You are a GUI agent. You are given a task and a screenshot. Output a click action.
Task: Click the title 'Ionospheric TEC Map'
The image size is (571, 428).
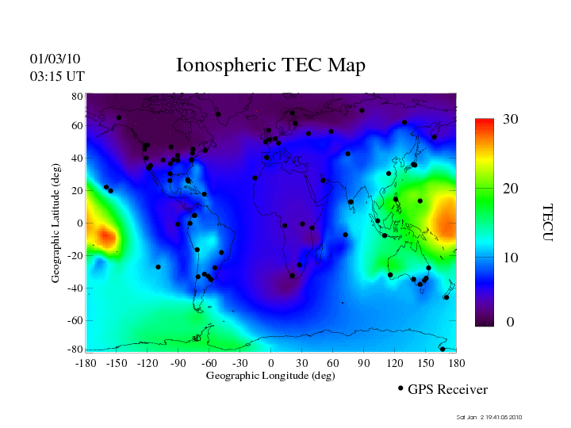[270, 65]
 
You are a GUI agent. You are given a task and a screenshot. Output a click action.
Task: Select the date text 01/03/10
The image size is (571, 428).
[56, 59]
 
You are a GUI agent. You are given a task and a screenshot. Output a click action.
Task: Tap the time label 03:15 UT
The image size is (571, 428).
[57, 76]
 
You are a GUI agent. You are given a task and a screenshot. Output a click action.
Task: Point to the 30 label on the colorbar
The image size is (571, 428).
[510, 120]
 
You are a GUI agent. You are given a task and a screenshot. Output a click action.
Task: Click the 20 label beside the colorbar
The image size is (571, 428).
[510, 190]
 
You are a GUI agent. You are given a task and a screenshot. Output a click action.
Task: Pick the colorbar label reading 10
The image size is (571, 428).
[510, 258]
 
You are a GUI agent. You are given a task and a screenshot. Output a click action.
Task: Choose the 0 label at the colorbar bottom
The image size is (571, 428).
[511, 323]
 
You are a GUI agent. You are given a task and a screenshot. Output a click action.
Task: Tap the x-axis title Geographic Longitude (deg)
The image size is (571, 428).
[270, 376]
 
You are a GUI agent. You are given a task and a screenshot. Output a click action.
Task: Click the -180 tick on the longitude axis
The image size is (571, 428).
[86, 362]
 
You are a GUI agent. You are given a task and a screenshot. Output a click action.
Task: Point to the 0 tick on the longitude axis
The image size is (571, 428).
[271, 362]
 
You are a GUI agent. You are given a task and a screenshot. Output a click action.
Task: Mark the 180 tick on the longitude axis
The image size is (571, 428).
[456, 362]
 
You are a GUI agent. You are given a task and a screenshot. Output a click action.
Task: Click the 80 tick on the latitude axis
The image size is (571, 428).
[78, 96]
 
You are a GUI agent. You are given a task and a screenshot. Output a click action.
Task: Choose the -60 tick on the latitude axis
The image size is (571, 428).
[75, 321]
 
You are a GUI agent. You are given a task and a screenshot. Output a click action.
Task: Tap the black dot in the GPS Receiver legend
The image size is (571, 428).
[400, 388]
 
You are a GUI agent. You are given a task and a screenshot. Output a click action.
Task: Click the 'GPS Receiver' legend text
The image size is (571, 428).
[447, 389]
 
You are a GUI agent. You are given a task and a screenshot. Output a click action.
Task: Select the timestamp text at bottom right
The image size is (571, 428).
[489, 417]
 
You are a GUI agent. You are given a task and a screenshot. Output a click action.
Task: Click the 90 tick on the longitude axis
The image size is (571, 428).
[364, 362]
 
